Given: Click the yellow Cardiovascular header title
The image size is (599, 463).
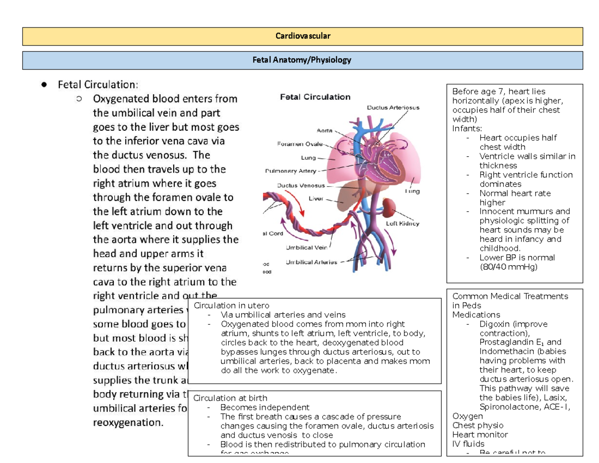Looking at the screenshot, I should pyautogui.click(x=303, y=36).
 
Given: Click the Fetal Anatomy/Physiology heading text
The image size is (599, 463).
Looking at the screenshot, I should pyautogui.click(x=303, y=60).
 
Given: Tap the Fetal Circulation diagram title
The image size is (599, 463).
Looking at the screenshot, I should pyautogui.click(x=314, y=97).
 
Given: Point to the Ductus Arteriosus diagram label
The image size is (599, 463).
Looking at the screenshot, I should pyautogui.click(x=393, y=107).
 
